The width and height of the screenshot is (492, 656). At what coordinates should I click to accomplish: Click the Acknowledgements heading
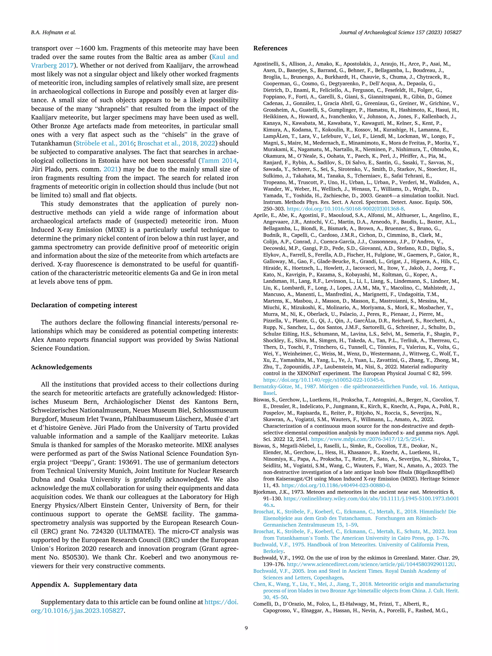(x=61, y=367)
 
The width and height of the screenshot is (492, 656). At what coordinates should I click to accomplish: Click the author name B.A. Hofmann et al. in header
(x=53, y=33)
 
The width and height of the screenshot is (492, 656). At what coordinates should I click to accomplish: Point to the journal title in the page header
(x=400, y=33)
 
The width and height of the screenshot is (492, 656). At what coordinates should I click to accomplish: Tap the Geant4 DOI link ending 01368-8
(x=345, y=208)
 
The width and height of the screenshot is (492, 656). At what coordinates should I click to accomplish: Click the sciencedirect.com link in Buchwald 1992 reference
(x=371, y=564)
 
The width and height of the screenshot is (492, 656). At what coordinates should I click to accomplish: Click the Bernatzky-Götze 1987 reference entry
(x=356, y=387)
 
